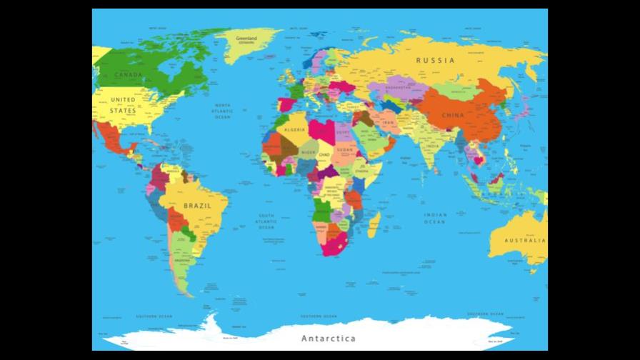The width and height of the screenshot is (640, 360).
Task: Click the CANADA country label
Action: (x=129, y=75)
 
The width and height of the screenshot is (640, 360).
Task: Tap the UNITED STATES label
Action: (x=122, y=105)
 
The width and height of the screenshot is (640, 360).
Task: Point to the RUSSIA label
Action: (x=435, y=61)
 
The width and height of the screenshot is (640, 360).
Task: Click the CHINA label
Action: (x=452, y=115)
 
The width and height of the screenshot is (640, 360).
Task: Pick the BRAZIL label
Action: (x=197, y=206)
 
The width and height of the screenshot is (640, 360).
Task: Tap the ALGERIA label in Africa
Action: (x=295, y=130)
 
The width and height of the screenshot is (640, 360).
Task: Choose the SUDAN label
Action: (x=345, y=150)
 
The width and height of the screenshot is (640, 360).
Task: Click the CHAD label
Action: (x=325, y=154)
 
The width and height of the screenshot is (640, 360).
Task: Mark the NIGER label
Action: (x=307, y=152)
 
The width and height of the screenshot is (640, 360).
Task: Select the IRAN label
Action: (x=389, y=123)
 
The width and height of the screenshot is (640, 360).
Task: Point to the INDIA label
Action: (x=433, y=146)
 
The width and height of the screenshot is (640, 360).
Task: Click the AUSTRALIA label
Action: (x=525, y=241)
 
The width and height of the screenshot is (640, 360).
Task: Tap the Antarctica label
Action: (x=328, y=338)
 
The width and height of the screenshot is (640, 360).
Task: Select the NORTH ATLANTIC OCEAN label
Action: (x=223, y=111)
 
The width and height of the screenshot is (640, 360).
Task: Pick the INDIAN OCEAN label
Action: (x=434, y=218)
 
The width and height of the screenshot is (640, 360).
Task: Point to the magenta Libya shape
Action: (x=320, y=131)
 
